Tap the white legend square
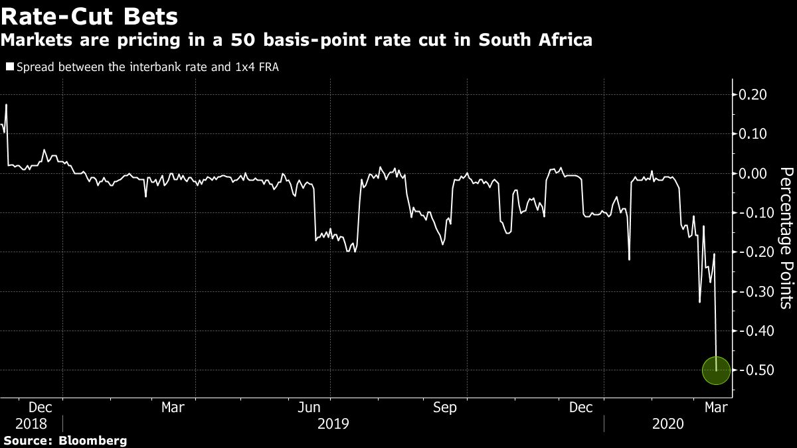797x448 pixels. [9, 66]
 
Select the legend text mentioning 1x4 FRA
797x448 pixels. [146, 66]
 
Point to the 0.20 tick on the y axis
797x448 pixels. [753, 95]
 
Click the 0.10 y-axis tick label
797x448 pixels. [753, 134]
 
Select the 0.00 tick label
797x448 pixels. [753, 173]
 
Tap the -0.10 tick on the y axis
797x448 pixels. [751, 213]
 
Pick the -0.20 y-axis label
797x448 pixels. [751, 252]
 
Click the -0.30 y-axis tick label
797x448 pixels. [751, 291]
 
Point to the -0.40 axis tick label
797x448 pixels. [751, 331]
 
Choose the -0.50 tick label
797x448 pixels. [751, 370]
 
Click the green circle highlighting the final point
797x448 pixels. [716, 370]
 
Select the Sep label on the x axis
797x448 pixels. [444, 407]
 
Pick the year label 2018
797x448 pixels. [31, 423]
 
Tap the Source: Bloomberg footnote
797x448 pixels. [64, 440]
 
